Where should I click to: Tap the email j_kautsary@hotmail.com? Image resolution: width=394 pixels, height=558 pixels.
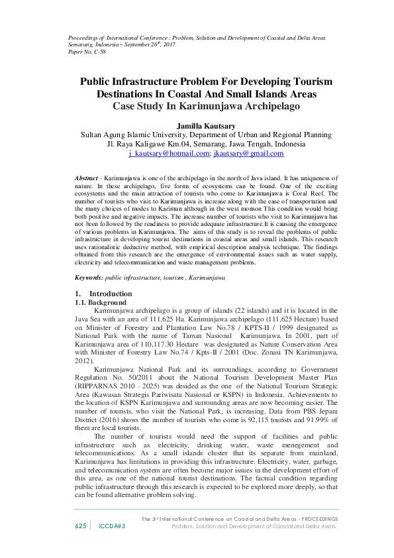(169, 153)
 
